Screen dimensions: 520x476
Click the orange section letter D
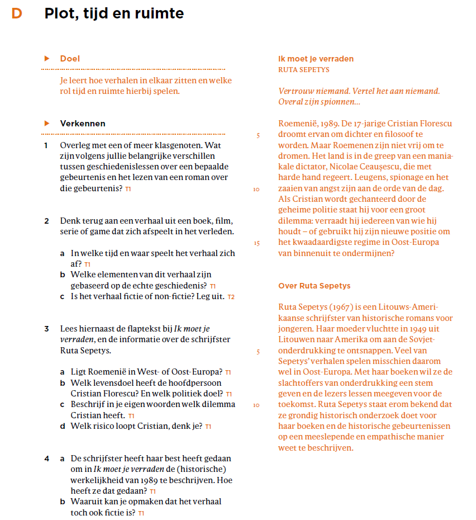pos(17,13)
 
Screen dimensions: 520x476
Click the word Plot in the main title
pos(59,13)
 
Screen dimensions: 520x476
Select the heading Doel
pos(70,59)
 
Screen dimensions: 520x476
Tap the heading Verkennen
pos(83,124)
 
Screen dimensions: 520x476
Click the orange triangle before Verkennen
pos(47,124)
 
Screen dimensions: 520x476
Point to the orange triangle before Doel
pos(47,59)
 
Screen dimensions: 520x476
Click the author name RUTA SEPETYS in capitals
pos(303,70)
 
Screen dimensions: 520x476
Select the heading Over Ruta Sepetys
pos(314,286)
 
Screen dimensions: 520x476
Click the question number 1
pos(46,145)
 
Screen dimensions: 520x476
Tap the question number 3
pos(46,329)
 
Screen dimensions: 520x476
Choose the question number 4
pos(47,459)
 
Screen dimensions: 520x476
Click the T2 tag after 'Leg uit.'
pos(231,297)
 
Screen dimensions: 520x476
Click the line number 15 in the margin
pos(256,243)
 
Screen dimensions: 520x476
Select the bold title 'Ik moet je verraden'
pos(316,59)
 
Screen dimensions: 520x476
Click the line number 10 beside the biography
pos(256,405)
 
